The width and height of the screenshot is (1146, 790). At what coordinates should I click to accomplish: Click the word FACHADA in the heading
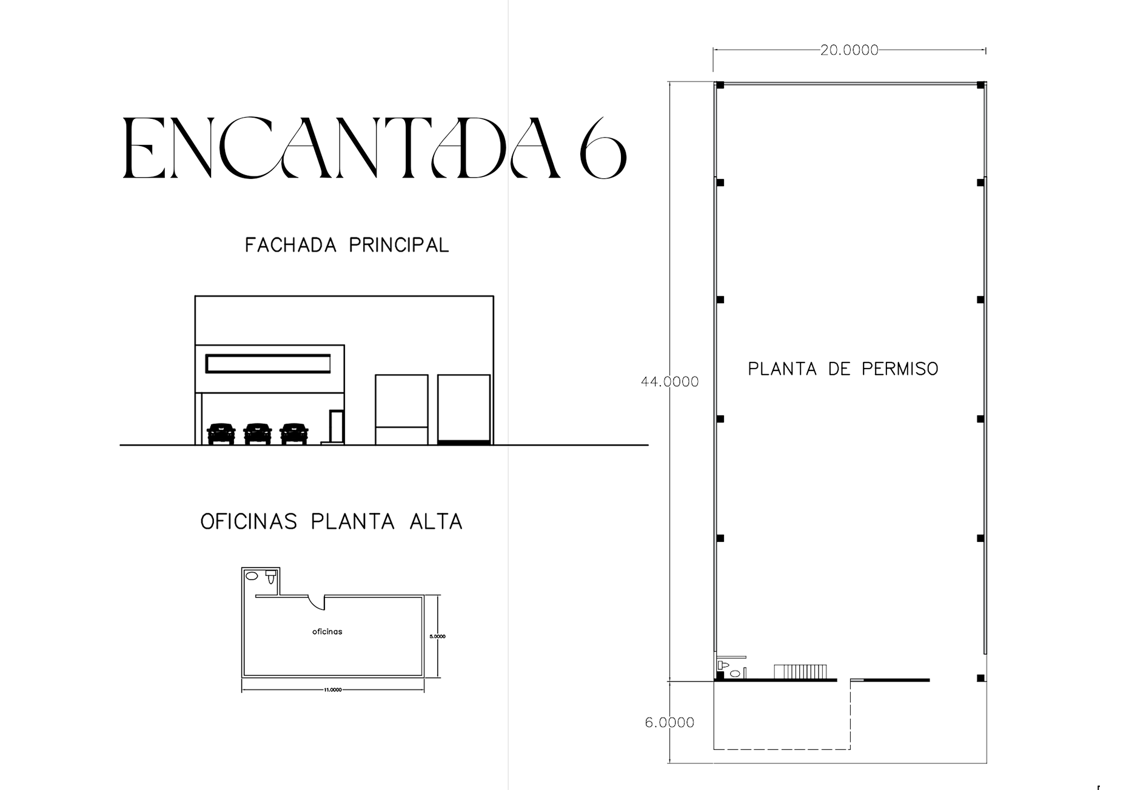290,245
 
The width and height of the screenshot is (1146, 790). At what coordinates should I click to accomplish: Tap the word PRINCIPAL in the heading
399,245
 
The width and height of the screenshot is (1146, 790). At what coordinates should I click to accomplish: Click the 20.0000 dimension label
849,50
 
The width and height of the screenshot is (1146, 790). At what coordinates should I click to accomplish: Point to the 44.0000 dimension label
669,382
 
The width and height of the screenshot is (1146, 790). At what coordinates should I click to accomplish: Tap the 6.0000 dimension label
669,723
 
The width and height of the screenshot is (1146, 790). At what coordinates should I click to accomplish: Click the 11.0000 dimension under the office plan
333,690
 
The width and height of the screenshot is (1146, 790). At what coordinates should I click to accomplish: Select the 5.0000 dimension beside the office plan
437,637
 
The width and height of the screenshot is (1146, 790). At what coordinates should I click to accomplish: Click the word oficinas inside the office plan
327,632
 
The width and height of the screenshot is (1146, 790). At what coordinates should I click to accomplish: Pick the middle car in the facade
258,433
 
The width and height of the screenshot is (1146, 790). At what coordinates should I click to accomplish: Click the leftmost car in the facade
221,433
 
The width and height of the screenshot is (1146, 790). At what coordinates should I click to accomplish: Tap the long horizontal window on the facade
268,364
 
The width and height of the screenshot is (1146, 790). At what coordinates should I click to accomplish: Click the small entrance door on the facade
337,427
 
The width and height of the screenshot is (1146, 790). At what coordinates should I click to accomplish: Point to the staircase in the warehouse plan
800,672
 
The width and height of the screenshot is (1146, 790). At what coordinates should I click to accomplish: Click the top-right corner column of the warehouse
980,85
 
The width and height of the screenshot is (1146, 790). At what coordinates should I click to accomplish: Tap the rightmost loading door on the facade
464,410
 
